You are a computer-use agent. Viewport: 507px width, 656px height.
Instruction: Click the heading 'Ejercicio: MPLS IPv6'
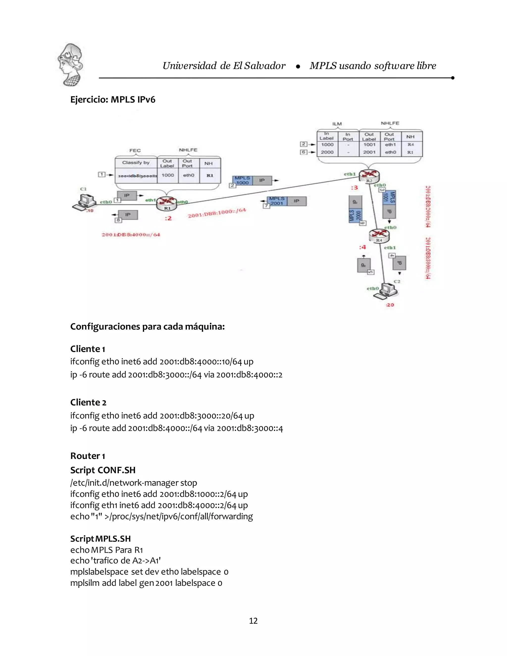click(x=113, y=100)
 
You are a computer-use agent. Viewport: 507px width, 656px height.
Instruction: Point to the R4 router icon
click(x=379, y=235)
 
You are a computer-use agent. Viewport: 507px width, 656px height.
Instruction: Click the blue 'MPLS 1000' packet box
click(x=242, y=180)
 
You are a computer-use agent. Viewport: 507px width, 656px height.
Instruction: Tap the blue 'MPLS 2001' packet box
click(x=277, y=201)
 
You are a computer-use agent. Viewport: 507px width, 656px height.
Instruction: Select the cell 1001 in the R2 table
click(x=369, y=145)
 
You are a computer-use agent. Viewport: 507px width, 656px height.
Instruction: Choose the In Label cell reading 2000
click(x=327, y=152)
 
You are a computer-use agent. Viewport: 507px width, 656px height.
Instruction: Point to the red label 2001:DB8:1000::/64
click(x=217, y=213)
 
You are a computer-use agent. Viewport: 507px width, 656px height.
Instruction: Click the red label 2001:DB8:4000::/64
click(x=131, y=235)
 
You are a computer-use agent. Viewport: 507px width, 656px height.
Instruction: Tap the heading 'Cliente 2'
click(x=88, y=402)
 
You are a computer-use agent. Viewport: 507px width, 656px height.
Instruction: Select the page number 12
click(x=253, y=621)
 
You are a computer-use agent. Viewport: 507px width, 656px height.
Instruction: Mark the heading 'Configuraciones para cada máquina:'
click(x=148, y=326)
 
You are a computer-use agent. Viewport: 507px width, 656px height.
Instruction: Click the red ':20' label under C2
click(x=390, y=305)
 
